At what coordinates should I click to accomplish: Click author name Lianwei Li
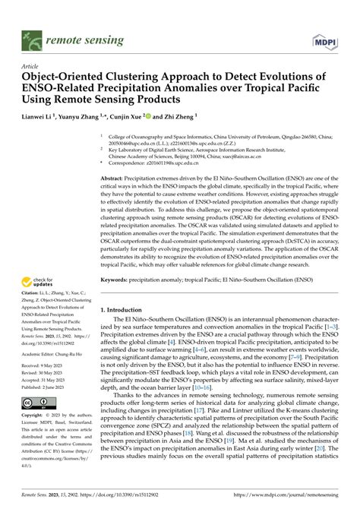pos(44,118)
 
